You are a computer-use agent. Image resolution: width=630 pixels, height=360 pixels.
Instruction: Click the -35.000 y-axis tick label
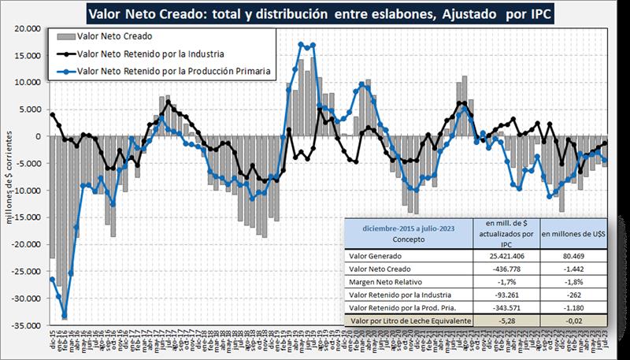click(26, 325)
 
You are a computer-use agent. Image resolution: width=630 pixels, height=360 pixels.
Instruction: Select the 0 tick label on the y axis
click(36, 136)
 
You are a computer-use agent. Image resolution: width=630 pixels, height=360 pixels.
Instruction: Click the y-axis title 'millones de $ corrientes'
click(10, 176)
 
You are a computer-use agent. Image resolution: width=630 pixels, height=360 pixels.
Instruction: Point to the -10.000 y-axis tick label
click(26, 191)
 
